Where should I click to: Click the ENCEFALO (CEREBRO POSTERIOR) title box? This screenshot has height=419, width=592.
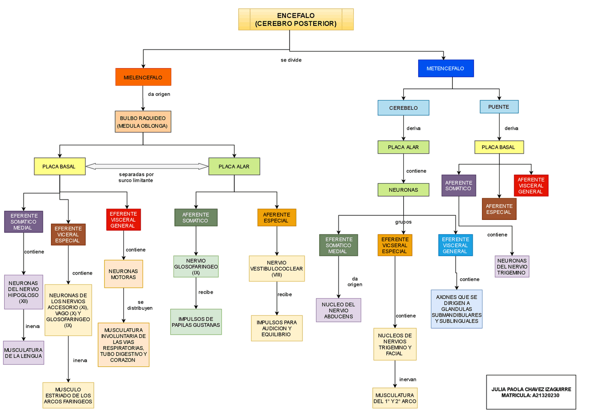click(296, 19)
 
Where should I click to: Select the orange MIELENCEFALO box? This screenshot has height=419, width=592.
click(143, 77)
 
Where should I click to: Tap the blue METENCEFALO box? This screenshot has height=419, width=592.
click(446, 68)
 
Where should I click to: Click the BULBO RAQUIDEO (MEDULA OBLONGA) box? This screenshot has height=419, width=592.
click(143, 122)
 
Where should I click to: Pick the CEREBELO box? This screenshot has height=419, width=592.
click(403, 108)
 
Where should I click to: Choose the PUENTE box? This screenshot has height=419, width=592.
click(499, 107)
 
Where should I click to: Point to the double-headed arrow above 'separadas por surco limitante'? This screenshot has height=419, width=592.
click(147, 166)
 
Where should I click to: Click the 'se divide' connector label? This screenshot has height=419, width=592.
click(291, 60)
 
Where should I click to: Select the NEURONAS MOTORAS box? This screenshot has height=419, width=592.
click(123, 274)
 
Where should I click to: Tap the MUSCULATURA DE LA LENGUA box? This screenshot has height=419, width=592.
click(24, 353)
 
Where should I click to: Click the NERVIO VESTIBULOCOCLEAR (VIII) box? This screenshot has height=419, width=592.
click(277, 269)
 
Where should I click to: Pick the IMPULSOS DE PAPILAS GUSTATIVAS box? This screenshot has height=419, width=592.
click(196, 322)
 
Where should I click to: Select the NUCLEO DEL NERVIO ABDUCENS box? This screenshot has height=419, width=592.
click(339, 310)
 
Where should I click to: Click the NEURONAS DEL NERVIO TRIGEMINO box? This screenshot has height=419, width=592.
click(512, 267)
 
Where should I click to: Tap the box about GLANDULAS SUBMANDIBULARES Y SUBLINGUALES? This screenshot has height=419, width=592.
click(456, 309)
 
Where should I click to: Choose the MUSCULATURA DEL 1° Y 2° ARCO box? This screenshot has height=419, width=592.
click(395, 398)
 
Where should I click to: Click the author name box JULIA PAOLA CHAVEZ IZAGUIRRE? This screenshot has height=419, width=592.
click(531, 392)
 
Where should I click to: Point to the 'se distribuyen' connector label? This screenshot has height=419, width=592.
click(140, 305)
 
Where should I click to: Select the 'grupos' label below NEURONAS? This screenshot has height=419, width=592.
click(403, 222)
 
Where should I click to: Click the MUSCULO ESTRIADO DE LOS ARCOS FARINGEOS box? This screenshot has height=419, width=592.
click(68, 395)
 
